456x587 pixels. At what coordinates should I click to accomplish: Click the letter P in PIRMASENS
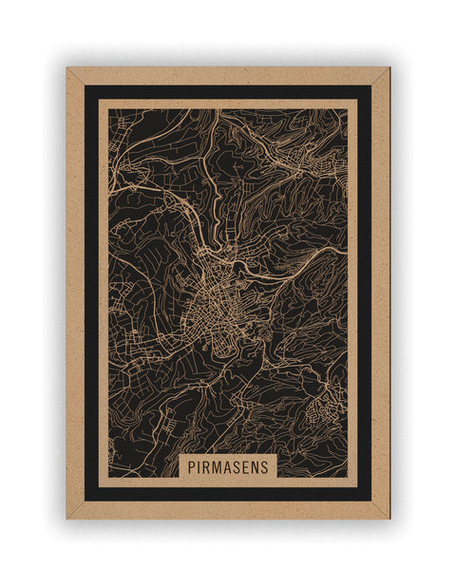point(191,467)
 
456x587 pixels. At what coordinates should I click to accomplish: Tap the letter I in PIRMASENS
point(199,467)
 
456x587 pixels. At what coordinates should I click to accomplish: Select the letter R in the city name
point(206,467)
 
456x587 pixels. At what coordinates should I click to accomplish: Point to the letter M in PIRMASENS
point(217,467)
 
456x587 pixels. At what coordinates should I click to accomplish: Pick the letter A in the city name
point(227,467)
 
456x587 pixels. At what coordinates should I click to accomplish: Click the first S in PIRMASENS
point(237,467)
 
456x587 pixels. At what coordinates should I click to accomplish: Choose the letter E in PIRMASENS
point(245,467)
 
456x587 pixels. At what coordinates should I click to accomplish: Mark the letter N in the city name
point(255,467)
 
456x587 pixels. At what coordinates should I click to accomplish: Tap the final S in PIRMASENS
point(264,467)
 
